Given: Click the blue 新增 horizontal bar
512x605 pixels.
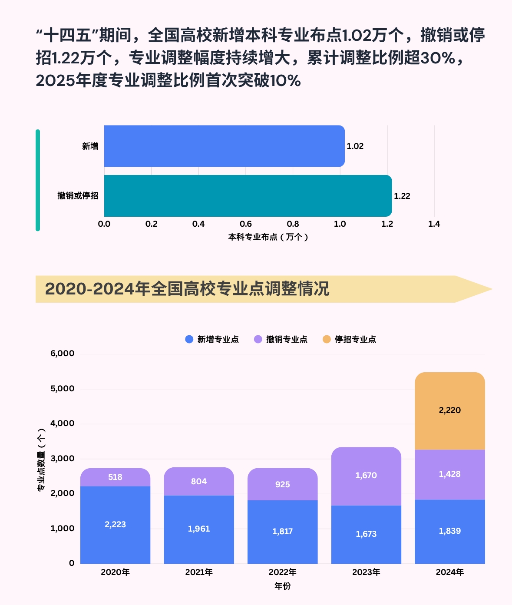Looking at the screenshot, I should [x=224, y=146].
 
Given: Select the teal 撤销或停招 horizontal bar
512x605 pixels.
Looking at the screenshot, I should [x=248, y=196].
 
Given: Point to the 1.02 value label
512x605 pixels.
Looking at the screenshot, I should [x=355, y=146].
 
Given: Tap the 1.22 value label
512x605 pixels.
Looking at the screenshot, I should [x=402, y=196].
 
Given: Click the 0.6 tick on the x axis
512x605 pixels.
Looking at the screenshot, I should [x=246, y=224].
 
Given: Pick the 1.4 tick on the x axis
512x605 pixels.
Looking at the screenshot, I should [x=434, y=224].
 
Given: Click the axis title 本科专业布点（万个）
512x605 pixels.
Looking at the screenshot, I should [x=268, y=237].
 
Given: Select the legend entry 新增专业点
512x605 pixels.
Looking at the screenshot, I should [x=218, y=340].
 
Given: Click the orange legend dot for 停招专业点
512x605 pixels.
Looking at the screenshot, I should [x=327, y=339].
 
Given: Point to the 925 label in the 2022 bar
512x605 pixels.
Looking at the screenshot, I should [x=282, y=485].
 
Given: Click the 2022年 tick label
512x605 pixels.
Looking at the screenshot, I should [x=282, y=572].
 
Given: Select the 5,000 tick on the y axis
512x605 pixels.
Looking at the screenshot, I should [x=63, y=389].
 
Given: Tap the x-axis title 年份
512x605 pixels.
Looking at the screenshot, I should [x=282, y=586].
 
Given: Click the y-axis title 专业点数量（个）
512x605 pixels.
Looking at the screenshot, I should [x=41, y=460].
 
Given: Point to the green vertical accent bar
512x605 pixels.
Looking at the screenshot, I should [x=38, y=180].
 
